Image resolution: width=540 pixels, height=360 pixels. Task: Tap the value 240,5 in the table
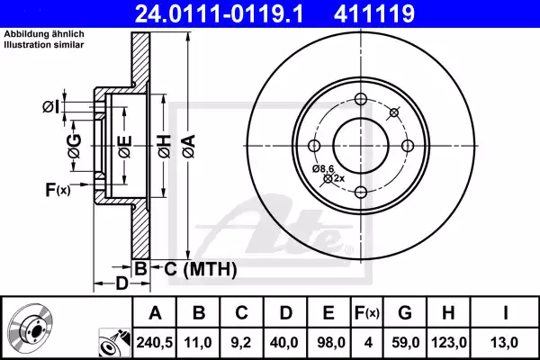pos(155,342)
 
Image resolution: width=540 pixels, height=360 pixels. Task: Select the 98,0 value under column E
pos(329,342)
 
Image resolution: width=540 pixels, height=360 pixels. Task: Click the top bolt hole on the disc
pos(359,100)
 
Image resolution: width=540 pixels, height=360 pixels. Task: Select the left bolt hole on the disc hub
pos(314,145)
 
